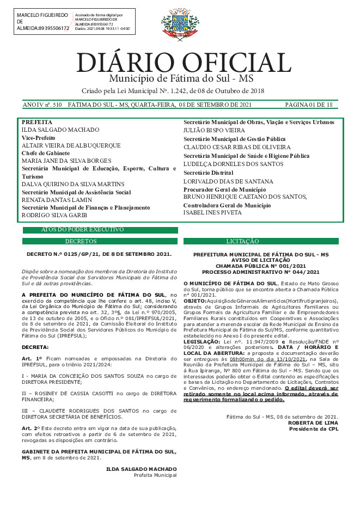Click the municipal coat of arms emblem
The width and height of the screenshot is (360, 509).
(x=176, y=25)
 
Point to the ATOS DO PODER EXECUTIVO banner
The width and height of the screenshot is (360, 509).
(x=82, y=230)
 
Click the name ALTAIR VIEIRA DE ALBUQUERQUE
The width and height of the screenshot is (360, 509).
(x=71, y=146)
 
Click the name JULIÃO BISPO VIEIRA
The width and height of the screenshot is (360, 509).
(x=214, y=131)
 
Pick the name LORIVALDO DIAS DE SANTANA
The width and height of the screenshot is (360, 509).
(x=228, y=181)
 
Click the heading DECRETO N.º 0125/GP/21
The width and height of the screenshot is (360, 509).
(x=99, y=254)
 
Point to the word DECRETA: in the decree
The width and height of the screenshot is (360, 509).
(x=35, y=347)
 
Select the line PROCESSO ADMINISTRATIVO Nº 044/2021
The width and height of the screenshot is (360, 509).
(x=260, y=272)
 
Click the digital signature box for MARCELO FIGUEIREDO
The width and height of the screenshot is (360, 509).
(x=72, y=21)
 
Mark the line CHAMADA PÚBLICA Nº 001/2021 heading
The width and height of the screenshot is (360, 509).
(x=260, y=266)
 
